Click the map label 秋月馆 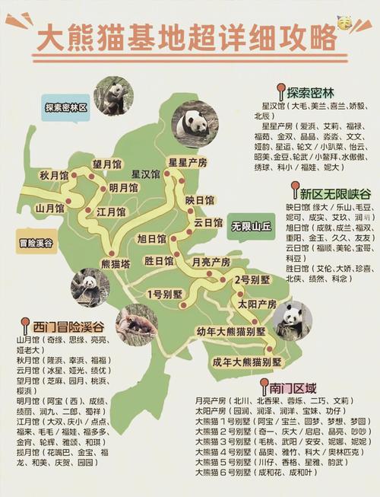[x=55, y=174]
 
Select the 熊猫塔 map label [x=116, y=263]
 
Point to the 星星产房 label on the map [x=188, y=162]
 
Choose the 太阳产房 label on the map [x=257, y=303]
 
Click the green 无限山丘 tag [x=252, y=226]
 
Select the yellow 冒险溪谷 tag [x=36, y=244]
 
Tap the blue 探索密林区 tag [x=66, y=107]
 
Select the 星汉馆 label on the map [x=145, y=174]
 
